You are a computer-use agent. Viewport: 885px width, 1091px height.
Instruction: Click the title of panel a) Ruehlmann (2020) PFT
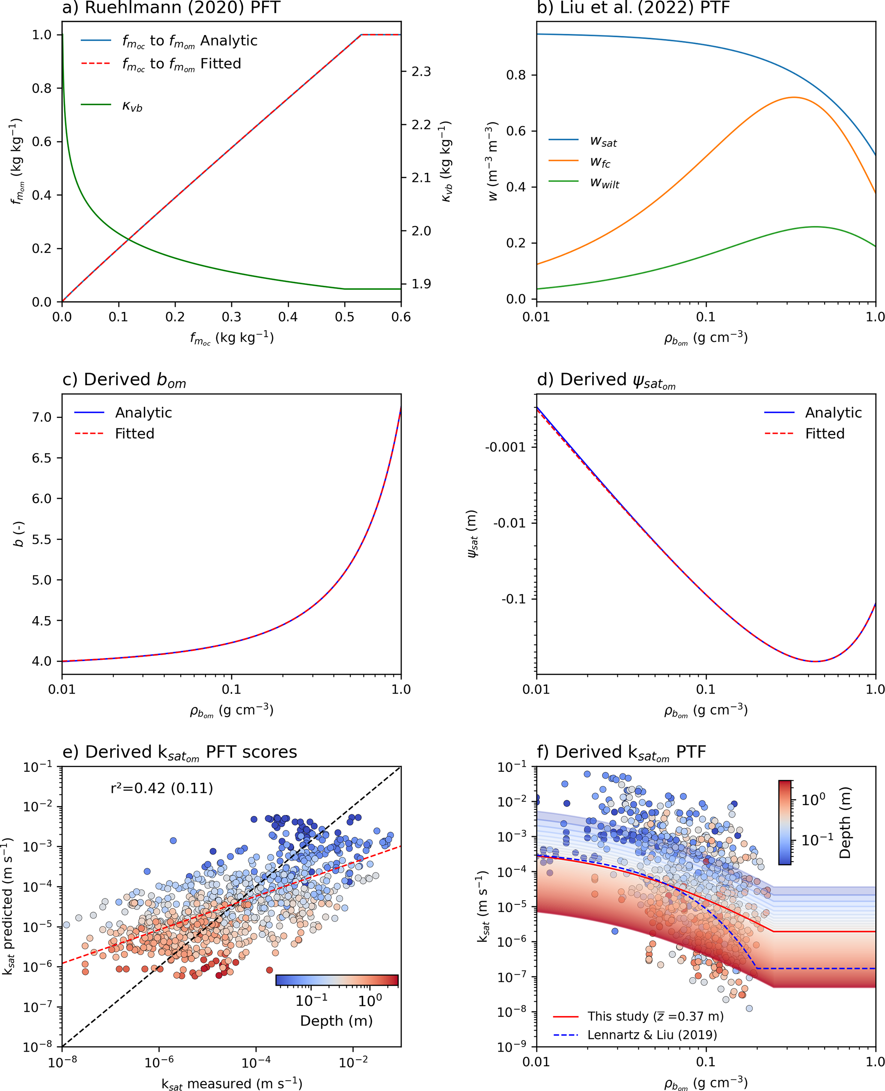tap(171, 8)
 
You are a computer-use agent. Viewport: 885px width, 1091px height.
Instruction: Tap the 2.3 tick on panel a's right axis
tap(421, 72)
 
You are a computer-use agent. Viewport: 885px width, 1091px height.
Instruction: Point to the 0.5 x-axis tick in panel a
tap(344, 317)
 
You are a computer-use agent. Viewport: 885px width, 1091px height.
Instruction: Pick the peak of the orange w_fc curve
tap(794, 97)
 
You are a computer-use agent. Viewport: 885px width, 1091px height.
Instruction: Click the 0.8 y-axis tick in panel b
tap(516, 75)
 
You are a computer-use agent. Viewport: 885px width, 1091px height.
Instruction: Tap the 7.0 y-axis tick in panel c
tap(42, 417)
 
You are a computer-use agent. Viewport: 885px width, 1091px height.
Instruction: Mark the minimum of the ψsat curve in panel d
tap(816, 661)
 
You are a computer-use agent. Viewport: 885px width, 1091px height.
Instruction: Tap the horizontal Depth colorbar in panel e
tap(337, 980)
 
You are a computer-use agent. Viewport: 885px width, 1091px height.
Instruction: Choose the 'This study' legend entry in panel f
tap(655, 1016)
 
